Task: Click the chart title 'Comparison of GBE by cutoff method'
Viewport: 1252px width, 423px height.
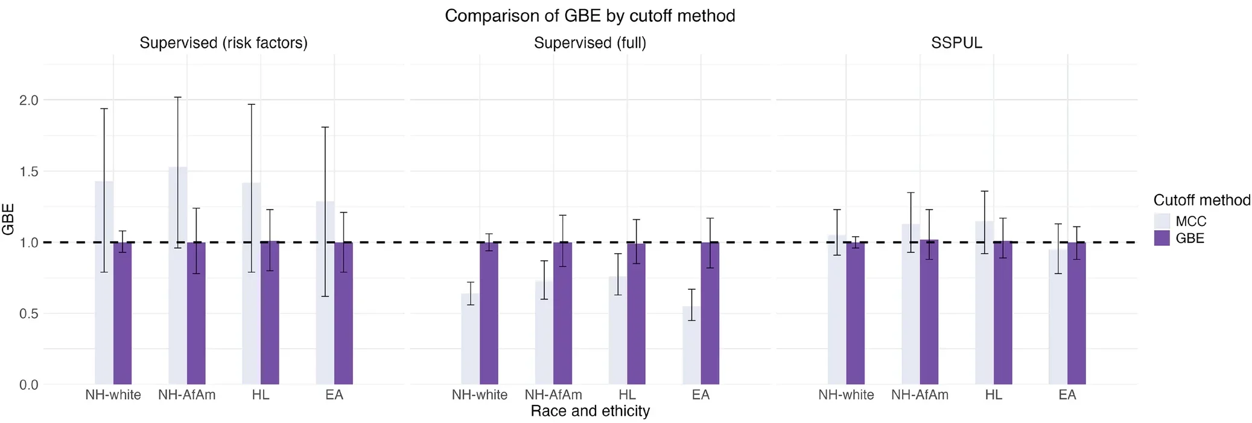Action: tap(589, 16)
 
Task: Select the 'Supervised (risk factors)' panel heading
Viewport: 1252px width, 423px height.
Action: tap(223, 43)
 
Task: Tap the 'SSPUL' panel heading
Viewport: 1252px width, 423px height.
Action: tap(956, 43)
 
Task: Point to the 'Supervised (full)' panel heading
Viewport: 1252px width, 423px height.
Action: tap(589, 43)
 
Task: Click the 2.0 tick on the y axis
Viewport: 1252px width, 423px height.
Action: tap(28, 100)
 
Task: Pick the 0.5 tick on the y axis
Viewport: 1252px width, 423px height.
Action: tap(28, 314)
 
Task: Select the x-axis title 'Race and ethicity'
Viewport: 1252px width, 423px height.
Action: tap(589, 411)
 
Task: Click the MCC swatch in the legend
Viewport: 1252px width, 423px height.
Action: tap(1161, 221)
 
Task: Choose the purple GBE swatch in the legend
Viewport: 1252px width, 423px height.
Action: tap(1161, 238)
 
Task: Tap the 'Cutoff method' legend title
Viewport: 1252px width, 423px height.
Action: tap(1201, 200)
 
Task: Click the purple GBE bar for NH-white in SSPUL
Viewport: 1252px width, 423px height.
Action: tap(855, 313)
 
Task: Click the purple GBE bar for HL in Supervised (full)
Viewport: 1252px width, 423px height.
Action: tap(636, 313)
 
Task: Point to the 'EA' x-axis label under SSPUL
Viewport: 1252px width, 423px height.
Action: tap(1067, 395)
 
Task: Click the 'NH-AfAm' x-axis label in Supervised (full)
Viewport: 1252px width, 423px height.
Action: tap(553, 395)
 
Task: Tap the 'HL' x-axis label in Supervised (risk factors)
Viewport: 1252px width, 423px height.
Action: tap(261, 395)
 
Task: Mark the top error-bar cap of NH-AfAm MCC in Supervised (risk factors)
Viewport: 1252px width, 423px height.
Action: tap(177, 98)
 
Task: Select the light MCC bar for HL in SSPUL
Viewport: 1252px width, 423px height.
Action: tap(984, 301)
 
